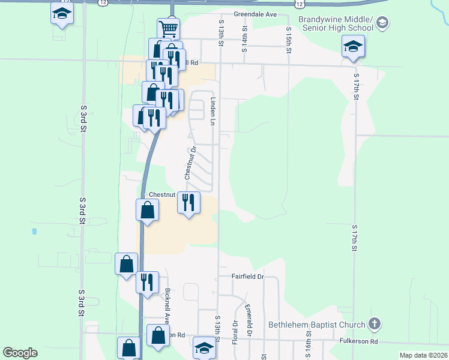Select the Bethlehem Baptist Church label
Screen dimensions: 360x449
pos(317,325)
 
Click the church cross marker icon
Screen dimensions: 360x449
pos(374,325)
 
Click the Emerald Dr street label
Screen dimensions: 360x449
pos(249,320)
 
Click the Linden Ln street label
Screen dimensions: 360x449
pos(212,111)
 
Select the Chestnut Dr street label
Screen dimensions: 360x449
pos(188,163)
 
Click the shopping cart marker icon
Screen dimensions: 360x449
pos(169,28)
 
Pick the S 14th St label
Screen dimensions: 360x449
pos(245,39)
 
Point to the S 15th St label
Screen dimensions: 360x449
pos(289,40)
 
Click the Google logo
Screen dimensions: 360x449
pos(20,353)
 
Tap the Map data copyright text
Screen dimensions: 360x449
pos(423,355)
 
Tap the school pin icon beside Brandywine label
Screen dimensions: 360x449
pos(382,24)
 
